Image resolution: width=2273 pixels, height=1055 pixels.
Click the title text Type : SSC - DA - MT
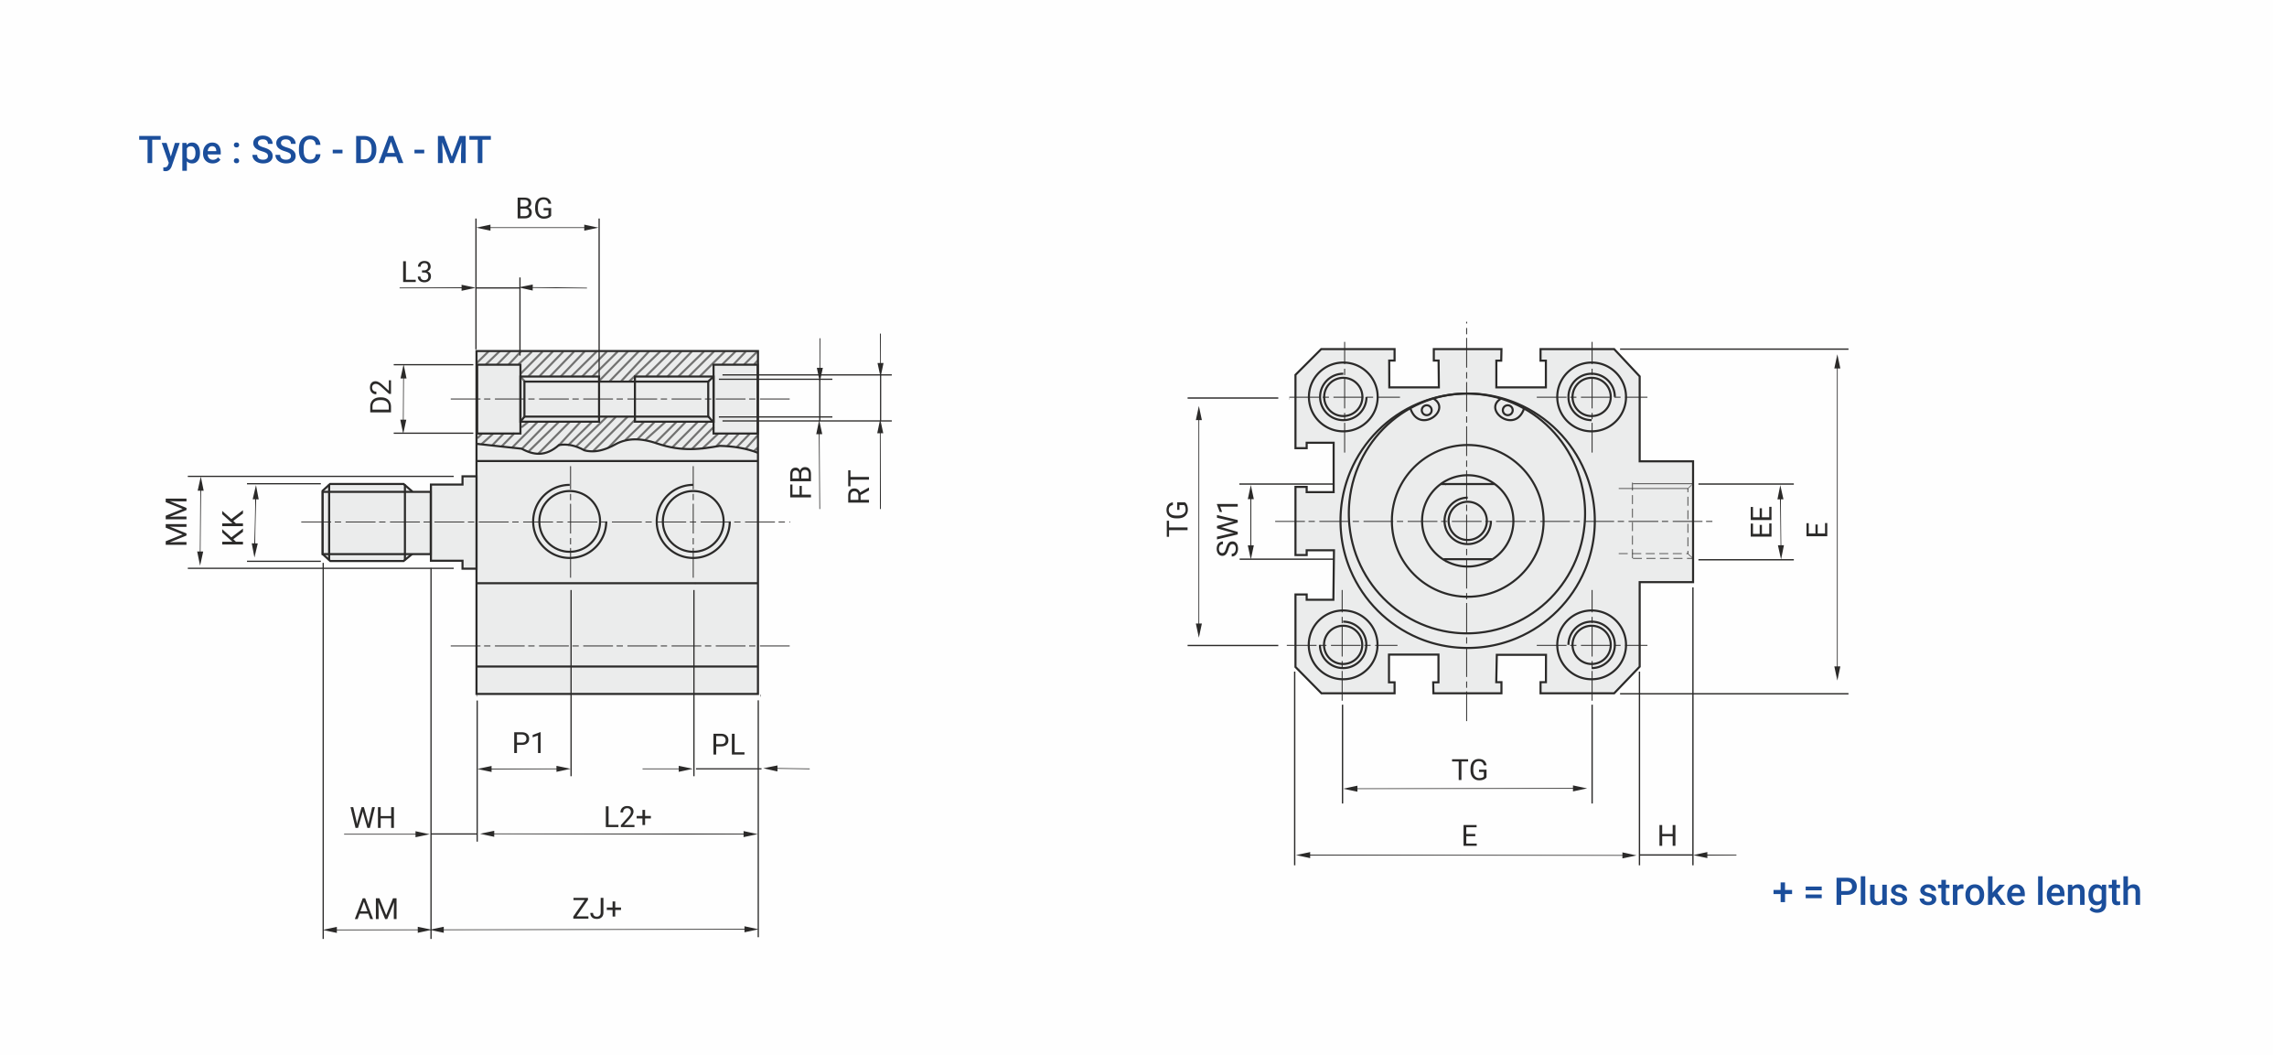[315, 151]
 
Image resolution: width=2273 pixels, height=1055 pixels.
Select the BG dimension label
[534, 209]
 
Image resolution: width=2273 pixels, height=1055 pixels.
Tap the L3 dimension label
[416, 272]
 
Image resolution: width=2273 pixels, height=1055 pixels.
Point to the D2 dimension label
[381, 397]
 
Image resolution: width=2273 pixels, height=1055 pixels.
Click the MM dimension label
[177, 522]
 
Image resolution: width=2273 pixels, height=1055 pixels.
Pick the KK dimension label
[233, 528]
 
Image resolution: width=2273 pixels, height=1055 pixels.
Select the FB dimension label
[800, 482]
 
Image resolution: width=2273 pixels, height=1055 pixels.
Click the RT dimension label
[859, 488]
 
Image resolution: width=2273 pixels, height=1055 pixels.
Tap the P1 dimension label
[528, 743]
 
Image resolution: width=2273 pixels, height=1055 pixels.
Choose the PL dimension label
[728, 745]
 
